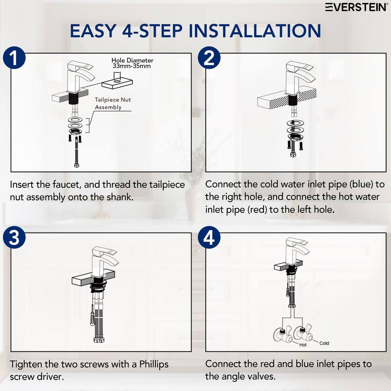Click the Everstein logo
356,7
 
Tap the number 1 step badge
14,58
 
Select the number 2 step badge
209,58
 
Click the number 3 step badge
14,238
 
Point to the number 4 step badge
209,238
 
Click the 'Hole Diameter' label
132,60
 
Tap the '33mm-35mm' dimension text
131,66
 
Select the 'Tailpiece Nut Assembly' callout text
113,104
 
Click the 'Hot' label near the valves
303,345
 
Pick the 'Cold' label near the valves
324,344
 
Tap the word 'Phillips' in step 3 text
154,364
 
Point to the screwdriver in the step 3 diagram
92,315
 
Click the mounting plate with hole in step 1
117,84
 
